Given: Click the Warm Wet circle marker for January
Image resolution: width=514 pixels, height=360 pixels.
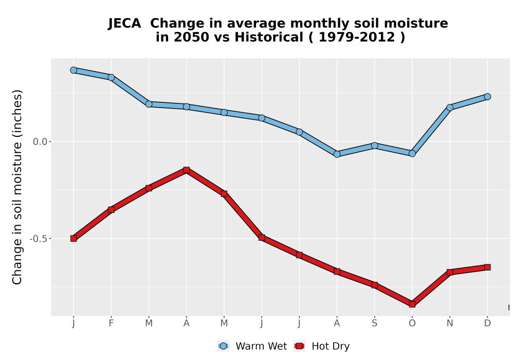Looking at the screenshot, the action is [74, 70].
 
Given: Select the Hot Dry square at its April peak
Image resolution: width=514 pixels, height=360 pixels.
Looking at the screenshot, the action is [187, 170].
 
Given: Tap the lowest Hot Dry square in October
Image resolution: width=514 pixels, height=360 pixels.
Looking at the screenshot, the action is [412, 304].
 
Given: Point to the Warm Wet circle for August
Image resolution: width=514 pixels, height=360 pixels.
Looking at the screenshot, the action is [337, 154].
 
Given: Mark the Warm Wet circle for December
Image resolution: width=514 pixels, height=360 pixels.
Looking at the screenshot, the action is [487, 97].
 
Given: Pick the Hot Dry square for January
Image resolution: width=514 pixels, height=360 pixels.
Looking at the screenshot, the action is [74, 238].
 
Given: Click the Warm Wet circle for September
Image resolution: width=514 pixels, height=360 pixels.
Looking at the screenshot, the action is [375, 146].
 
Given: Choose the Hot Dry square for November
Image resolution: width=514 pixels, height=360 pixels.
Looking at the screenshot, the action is [450, 272].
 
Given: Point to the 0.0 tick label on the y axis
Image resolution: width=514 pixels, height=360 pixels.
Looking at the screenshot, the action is [40, 141].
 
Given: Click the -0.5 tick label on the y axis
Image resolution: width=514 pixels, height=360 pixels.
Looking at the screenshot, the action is [39, 239].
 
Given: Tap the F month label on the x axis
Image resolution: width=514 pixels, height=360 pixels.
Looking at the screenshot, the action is [111, 323].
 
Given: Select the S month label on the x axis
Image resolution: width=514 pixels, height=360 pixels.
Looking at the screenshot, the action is [375, 323].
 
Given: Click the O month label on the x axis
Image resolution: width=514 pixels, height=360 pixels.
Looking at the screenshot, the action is [412, 323].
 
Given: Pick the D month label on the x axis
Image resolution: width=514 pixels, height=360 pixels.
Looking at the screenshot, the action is [487, 323].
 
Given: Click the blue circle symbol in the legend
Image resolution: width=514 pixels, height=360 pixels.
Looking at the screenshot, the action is [223, 346].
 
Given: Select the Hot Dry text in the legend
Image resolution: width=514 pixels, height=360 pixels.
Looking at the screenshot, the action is [331, 346].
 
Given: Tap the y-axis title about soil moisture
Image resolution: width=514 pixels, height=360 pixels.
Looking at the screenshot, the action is [17, 187].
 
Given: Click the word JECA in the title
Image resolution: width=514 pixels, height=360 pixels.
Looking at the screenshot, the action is [124, 24].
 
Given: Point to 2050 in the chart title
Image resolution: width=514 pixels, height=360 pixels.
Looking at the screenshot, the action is [191, 38].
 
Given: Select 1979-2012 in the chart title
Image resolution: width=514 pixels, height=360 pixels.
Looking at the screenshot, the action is [357, 38].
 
